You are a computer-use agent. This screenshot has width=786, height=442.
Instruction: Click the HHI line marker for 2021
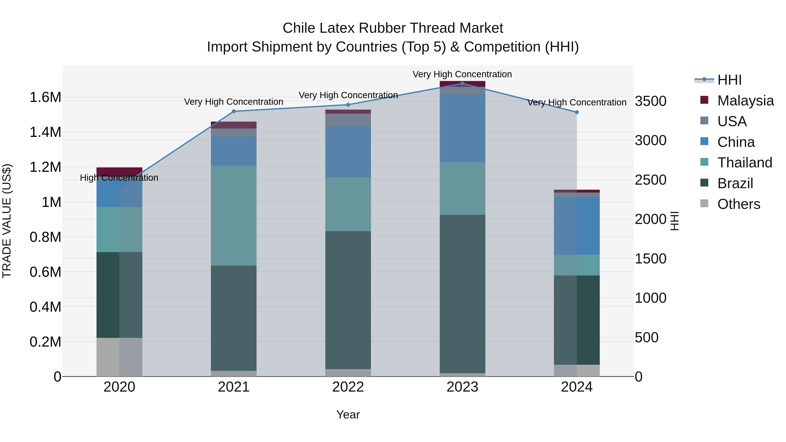pos(234,111)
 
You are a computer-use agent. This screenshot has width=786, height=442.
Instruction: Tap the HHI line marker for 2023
pos(462,84)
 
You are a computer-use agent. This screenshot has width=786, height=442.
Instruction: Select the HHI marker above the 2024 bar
pos(577,112)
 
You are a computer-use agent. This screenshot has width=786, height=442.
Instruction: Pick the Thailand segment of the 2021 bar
pos(234,215)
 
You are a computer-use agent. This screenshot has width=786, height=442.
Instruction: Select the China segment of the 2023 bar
pos(462,128)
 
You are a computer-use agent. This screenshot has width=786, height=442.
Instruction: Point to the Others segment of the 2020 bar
pos(119,357)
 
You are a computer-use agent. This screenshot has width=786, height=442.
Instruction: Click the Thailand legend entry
pos(745,163)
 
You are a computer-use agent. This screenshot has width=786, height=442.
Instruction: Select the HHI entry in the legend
pos(729,80)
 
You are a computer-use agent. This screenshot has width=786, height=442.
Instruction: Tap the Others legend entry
pos(738,204)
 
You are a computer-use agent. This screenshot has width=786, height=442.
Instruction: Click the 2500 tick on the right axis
pos(651,180)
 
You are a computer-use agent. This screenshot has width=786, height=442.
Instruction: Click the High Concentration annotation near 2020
pos(119,178)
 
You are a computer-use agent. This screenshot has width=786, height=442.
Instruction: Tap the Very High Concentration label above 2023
pos(462,74)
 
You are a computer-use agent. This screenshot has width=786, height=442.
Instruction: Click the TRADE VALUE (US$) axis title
pos(7,221)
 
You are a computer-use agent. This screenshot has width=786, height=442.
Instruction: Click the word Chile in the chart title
pos(299,28)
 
